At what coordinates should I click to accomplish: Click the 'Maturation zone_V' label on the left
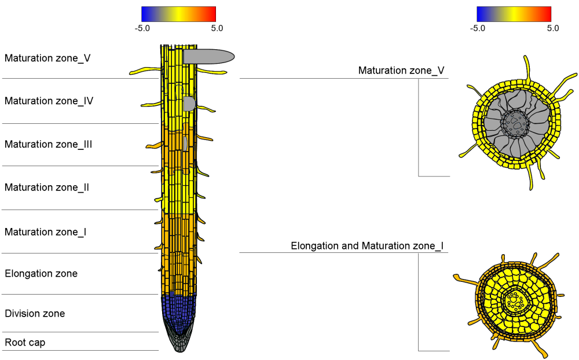(47, 58)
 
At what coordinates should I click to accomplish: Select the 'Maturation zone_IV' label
(49, 101)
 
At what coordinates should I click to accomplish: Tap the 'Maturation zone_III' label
(49, 145)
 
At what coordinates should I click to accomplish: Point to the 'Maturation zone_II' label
(47, 188)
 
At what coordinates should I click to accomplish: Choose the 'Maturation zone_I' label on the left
(46, 232)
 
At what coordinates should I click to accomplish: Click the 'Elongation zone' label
(41, 274)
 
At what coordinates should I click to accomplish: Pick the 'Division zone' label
(35, 314)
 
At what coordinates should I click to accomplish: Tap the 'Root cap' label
(25, 343)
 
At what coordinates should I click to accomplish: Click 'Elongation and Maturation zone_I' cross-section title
(367, 246)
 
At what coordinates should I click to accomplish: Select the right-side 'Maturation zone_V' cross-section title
(401, 71)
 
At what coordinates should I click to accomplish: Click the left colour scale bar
(178, 14)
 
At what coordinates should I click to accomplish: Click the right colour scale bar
(514, 14)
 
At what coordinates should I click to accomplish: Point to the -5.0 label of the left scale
(142, 28)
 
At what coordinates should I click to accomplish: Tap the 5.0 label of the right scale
(552, 28)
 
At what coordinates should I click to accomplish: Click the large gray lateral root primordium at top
(208, 56)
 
